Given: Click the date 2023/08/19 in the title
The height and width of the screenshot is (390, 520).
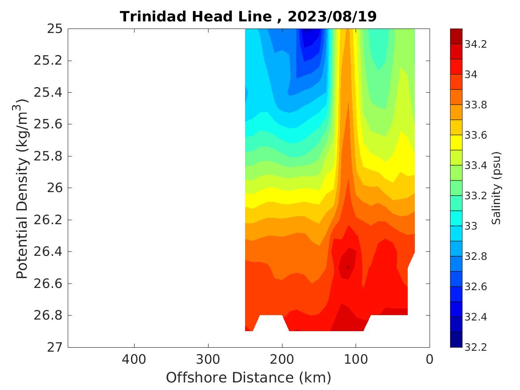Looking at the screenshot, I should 332,16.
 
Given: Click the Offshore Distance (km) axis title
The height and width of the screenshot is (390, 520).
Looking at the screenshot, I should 249,378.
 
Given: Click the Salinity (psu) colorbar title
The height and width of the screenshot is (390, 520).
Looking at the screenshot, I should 496,188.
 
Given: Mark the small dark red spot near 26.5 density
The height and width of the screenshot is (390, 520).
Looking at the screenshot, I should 347,267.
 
